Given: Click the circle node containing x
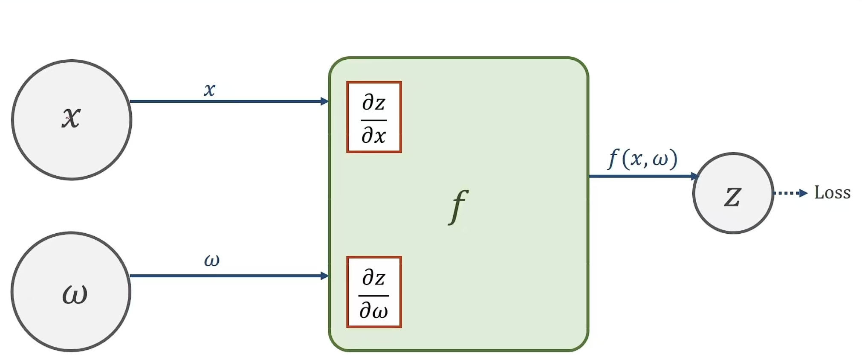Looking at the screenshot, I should [x=71, y=119].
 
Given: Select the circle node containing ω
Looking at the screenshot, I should [x=71, y=292].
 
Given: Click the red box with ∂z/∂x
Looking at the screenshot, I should [x=374, y=117].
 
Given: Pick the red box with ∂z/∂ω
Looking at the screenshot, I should [x=374, y=292].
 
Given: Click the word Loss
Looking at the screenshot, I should [x=832, y=193].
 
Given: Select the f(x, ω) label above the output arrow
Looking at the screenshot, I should [x=643, y=159].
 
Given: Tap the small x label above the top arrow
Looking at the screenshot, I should [x=209, y=90].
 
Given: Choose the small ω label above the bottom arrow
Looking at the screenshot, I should [x=211, y=260].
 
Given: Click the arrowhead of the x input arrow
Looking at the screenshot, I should [x=325, y=102].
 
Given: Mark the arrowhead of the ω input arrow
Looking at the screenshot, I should [x=325, y=276].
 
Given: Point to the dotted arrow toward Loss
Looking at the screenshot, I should [x=790, y=193].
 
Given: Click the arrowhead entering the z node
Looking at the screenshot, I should [x=695, y=176].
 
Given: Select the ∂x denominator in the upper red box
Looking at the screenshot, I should [x=374, y=136].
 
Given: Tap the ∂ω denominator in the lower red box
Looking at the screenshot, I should [x=374, y=311].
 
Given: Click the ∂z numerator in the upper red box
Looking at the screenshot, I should [x=374, y=103].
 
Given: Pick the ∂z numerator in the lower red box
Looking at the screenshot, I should [x=374, y=278].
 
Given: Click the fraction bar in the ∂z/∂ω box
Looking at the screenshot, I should [x=374, y=295].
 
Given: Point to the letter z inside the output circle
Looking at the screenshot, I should [x=733, y=197].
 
